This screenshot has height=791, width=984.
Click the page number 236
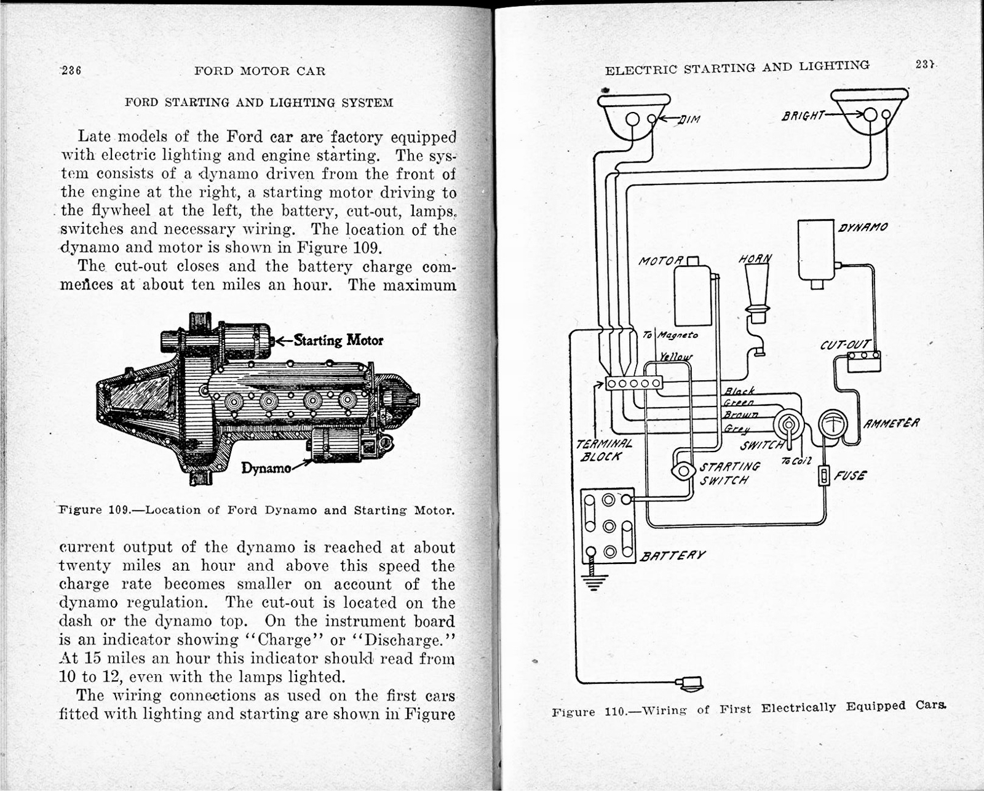point(71,70)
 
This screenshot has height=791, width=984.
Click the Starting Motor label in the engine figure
point(338,340)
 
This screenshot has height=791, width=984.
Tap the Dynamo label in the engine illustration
point(266,468)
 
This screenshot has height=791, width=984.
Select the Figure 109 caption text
point(256,510)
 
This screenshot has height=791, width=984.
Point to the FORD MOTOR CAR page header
point(260,71)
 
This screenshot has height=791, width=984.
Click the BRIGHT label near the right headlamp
point(803,115)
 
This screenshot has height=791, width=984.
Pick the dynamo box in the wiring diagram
point(815,250)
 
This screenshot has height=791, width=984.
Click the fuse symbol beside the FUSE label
point(825,476)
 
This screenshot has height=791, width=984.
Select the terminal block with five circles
point(633,383)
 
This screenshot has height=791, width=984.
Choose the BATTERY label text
point(673,555)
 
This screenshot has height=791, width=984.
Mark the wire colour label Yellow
point(675,357)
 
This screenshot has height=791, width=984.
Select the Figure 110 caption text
point(748,709)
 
